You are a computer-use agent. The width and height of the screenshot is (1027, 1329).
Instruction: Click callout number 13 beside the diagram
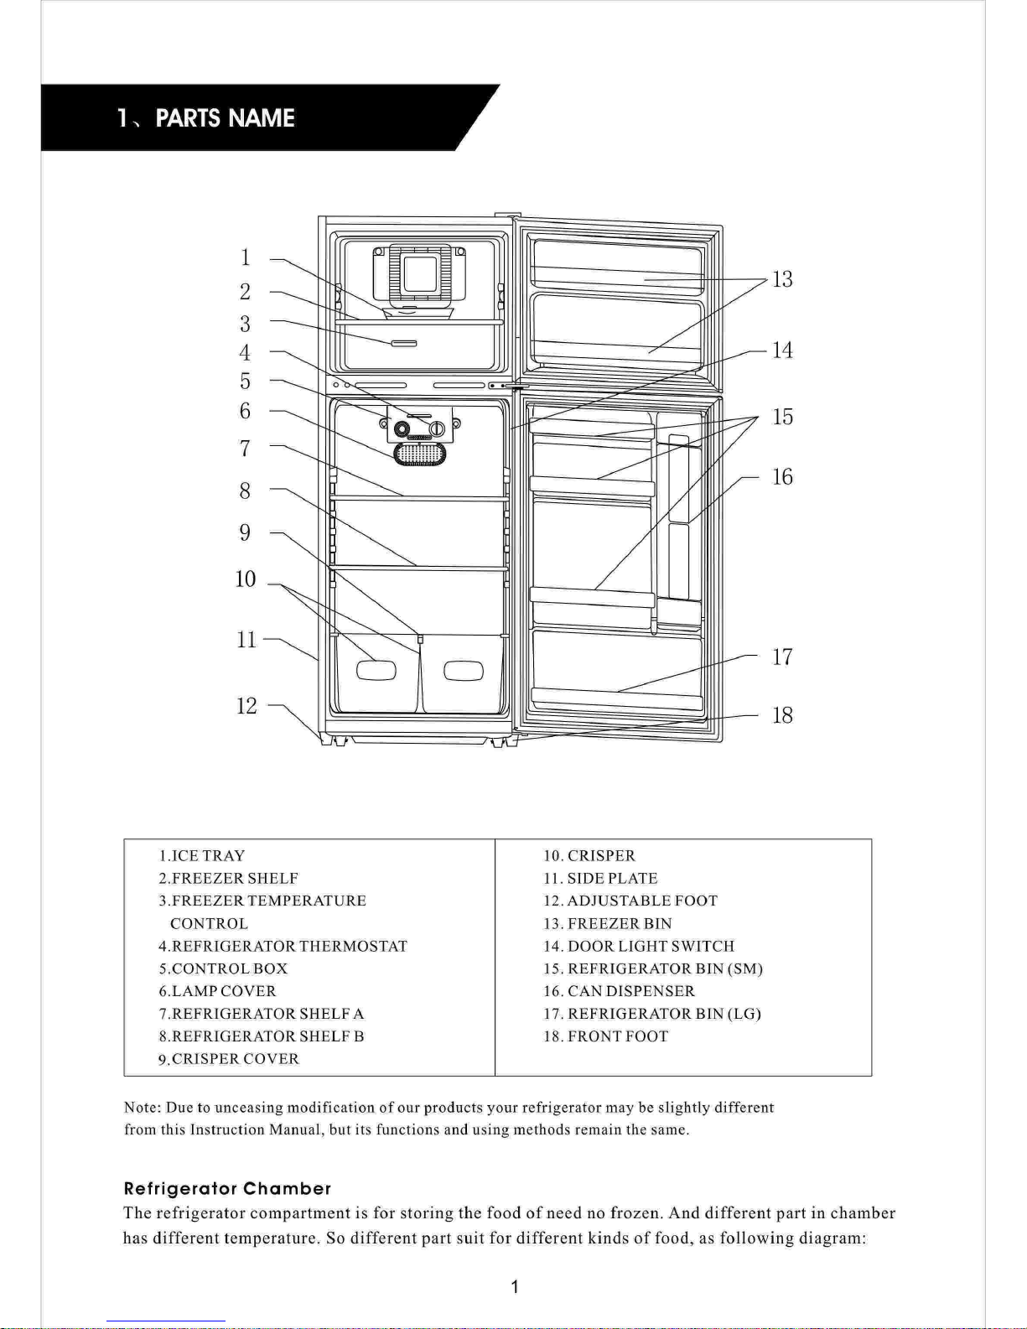click(782, 279)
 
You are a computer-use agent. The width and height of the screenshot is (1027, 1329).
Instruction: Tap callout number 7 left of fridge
click(245, 449)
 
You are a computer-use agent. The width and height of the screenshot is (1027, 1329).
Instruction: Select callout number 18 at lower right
click(782, 715)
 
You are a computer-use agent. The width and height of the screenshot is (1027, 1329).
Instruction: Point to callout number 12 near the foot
click(246, 706)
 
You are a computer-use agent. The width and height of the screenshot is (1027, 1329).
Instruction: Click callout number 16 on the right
click(782, 477)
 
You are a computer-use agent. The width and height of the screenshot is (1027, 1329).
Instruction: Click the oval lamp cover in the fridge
click(419, 454)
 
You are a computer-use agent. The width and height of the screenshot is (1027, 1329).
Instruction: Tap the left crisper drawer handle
click(376, 671)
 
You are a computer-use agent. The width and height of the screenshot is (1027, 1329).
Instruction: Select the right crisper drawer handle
click(464, 672)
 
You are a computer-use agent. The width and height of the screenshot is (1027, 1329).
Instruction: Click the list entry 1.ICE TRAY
click(202, 856)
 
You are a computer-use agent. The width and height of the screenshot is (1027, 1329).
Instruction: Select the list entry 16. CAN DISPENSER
click(619, 991)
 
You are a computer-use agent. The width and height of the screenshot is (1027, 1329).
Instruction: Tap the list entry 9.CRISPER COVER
click(229, 1059)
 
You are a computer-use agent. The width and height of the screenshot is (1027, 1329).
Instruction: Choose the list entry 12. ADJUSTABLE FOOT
click(630, 901)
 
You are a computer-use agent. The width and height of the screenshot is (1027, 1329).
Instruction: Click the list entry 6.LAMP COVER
click(217, 991)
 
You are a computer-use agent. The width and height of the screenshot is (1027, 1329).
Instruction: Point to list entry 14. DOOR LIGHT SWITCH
click(639, 946)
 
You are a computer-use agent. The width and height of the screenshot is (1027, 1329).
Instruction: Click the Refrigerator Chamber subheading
click(227, 1188)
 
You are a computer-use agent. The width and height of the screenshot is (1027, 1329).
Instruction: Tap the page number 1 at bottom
click(514, 1287)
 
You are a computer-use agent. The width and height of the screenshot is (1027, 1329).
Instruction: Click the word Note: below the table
click(143, 1108)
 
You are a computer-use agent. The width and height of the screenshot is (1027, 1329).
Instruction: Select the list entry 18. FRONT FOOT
click(606, 1036)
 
